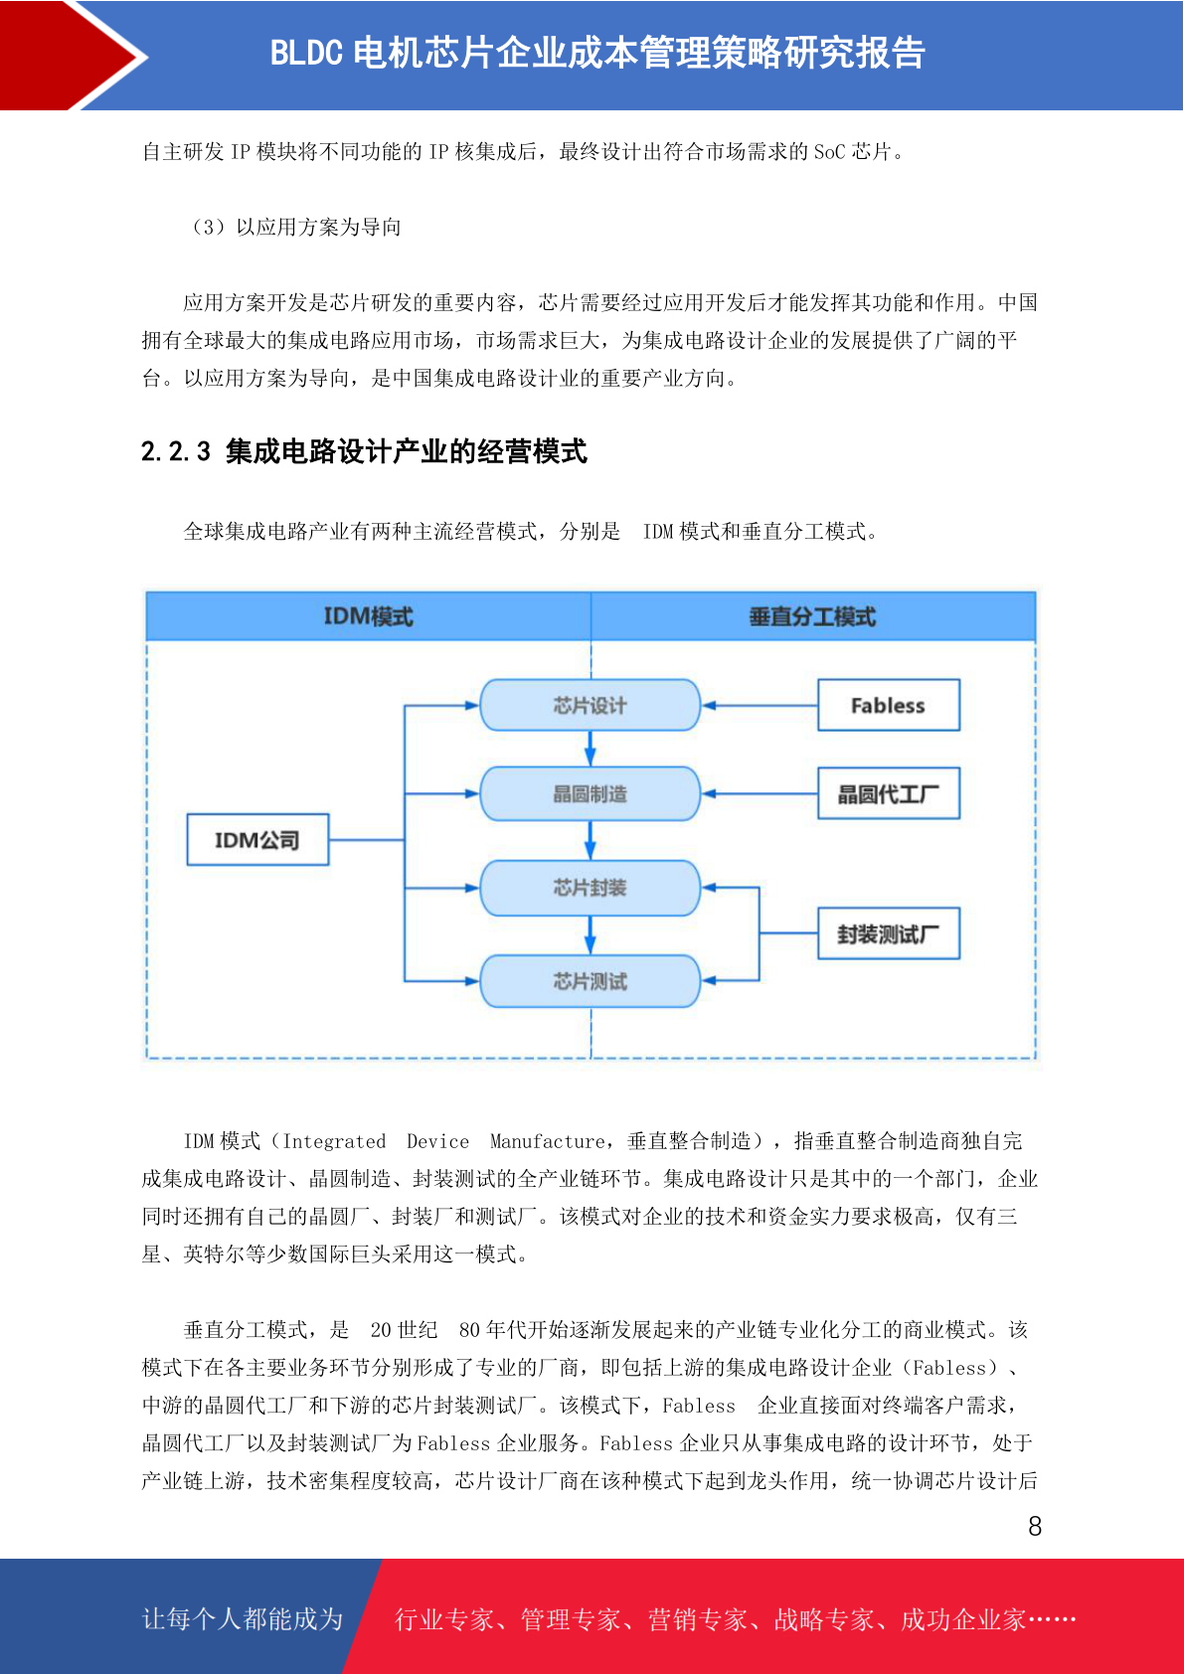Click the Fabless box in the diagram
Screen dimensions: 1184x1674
888,705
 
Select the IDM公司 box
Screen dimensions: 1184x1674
257,839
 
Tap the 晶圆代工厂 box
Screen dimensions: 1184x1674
888,793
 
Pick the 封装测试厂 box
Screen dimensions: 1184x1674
888,933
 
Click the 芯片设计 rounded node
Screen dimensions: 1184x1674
590,705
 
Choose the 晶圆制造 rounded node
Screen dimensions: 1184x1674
590,793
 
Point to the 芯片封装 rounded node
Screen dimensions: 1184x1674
590,887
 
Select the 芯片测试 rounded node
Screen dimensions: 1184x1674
590,980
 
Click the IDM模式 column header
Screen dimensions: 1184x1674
369,616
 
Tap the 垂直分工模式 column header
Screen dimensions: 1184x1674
812,616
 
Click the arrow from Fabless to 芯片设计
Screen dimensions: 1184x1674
760,705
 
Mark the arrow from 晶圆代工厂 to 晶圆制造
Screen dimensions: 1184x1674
760,793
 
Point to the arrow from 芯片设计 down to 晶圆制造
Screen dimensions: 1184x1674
590,749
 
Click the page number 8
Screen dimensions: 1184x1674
1035,1525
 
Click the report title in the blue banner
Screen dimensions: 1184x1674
597,53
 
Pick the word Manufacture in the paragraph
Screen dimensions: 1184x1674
547,1141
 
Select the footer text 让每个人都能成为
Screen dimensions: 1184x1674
243,1618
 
